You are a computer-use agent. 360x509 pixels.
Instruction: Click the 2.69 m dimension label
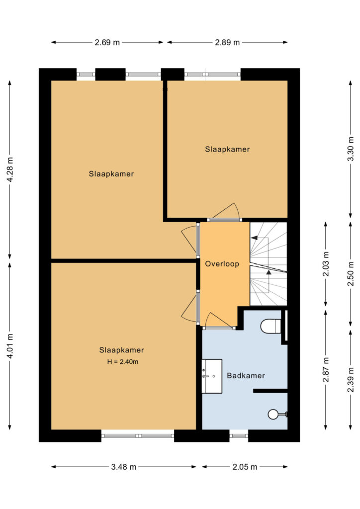107,42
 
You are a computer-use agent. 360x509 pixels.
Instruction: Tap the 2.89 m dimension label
227,42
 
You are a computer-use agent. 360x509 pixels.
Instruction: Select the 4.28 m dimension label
10,170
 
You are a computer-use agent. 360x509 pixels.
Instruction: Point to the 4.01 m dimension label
10,346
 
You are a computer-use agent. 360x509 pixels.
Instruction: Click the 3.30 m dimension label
351,149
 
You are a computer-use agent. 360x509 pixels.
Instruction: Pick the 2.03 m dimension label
326,264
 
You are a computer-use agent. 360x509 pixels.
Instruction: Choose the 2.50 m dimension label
351,274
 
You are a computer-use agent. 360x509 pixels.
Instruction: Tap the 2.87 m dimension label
326,370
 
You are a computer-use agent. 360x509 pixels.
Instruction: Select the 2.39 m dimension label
351,380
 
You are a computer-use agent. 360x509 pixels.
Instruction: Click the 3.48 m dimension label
124,467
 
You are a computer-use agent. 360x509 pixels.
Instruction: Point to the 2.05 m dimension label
245,467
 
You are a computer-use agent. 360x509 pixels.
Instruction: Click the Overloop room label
222,264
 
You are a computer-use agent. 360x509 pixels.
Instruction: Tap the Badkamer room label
246,376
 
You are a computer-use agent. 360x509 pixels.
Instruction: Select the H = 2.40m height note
123,362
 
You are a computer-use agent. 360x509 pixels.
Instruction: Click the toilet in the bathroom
270,326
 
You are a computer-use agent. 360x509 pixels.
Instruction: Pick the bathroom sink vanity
212,376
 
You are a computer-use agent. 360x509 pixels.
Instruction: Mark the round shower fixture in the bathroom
273,414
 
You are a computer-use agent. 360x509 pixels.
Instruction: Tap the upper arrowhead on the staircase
254,238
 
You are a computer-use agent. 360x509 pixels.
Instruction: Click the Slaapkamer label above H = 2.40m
121,350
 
